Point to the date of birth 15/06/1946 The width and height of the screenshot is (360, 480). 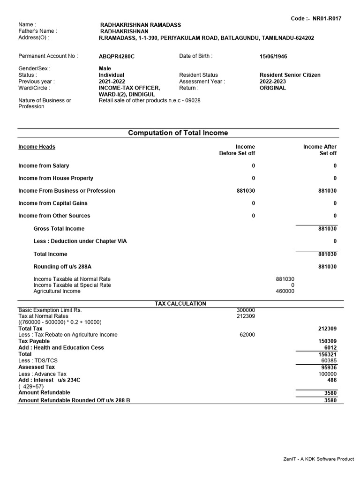(273, 56)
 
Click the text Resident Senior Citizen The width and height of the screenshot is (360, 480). (290, 75)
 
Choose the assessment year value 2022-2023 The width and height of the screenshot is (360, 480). (273, 82)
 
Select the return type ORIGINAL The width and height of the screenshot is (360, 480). (273, 88)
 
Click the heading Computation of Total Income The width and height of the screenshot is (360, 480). (178, 133)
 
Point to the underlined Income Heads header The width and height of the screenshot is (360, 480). (37, 147)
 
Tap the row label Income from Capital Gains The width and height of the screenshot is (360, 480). (53, 203)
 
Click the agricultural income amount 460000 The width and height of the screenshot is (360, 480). (285, 291)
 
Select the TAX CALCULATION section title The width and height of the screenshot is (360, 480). (180, 304)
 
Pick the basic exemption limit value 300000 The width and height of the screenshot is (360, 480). (246, 310)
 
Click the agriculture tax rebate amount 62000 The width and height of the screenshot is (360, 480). (247, 335)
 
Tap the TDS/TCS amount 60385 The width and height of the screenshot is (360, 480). (329, 361)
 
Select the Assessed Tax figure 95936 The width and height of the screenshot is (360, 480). (329, 367)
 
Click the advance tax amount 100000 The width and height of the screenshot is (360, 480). (327, 374)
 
